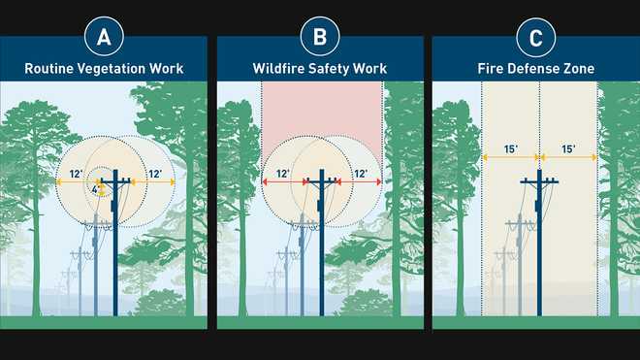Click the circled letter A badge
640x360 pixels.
(104, 37)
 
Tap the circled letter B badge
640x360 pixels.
(320, 37)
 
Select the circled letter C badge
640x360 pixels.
(536, 37)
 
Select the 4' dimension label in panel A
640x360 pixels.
(95, 189)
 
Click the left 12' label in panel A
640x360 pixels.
(77, 174)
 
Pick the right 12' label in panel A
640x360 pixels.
(155, 174)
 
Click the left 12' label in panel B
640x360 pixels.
(283, 174)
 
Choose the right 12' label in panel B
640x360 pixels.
(361, 174)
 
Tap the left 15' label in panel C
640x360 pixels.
(511, 149)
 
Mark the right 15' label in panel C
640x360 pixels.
(568, 149)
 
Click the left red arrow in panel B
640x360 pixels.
(284, 181)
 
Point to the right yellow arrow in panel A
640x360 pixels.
(152, 181)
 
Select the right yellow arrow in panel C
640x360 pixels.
(569, 157)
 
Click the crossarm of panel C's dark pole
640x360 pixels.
(539, 181)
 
